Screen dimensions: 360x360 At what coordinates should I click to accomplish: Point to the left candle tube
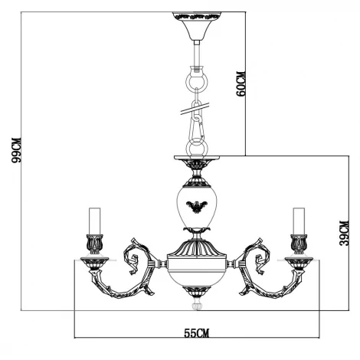[95, 220]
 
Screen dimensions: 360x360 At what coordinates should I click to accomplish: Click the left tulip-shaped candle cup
[95, 244]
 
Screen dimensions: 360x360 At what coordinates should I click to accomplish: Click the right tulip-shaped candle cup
[297, 244]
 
